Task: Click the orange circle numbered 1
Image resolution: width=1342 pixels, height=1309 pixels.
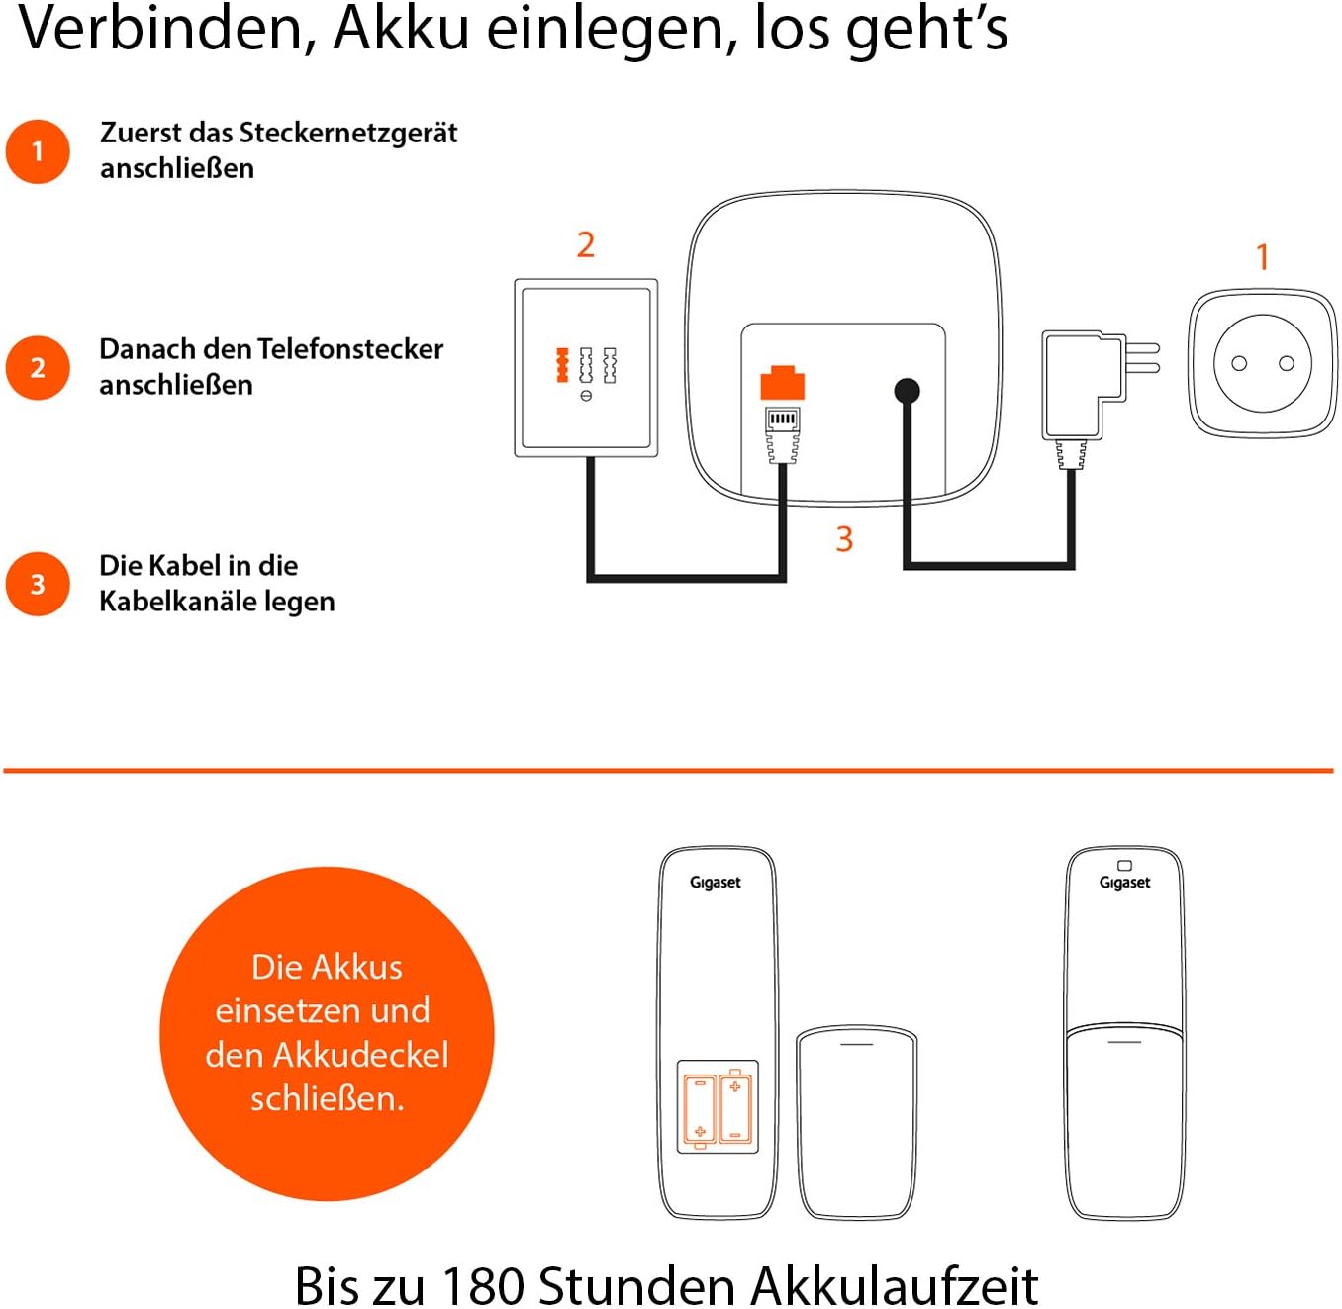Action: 38,151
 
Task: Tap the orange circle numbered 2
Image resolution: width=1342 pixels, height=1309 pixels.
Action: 38,367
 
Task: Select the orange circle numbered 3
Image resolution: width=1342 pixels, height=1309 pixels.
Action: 38,584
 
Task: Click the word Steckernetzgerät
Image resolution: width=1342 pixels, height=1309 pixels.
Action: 348,133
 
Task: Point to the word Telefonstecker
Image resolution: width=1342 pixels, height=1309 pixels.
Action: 350,349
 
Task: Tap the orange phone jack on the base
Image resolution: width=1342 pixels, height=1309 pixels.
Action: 782,383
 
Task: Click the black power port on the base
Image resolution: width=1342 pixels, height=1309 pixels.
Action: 907,391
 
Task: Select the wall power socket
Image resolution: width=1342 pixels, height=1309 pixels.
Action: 1262,363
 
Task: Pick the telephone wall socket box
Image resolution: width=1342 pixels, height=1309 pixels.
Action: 586,368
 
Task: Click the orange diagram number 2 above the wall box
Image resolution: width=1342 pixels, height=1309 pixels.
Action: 586,244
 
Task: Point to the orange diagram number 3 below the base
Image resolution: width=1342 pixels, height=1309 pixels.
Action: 844,539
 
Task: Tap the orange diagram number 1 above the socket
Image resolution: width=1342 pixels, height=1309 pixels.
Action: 1262,257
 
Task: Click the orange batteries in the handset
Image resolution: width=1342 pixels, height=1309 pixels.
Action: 718,1106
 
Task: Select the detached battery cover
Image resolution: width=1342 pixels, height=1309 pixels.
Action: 857,1122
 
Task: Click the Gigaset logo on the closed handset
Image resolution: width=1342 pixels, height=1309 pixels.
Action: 1124,882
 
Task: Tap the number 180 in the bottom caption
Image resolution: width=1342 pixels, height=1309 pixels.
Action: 482,1285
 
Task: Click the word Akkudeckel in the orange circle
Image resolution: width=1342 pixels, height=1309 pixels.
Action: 360,1055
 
